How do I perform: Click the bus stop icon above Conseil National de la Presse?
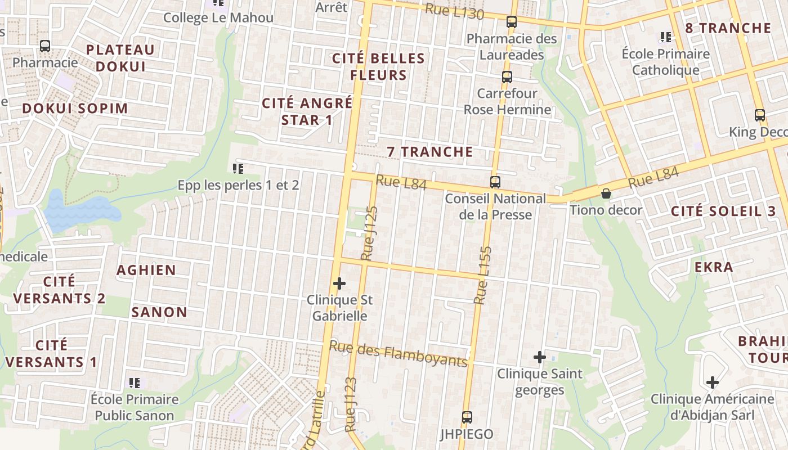pyautogui.click(x=495, y=182)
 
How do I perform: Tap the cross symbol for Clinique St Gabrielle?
pyautogui.click(x=339, y=283)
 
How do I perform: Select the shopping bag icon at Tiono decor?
pyautogui.click(x=606, y=193)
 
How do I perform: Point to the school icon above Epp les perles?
pyautogui.click(x=238, y=168)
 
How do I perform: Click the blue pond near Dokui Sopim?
pyautogui.click(x=79, y=211)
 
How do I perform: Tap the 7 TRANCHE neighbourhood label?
pyautogui.click(x=430, y=152)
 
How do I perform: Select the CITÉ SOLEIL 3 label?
pyautogui.click(x=723, y=211)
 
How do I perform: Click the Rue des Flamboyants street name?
pyautogui.click(x=399, y=354)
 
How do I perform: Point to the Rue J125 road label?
pyautogui.click(x=369, y=233)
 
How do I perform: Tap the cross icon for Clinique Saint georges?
pyautogui.click(x=540, y=357)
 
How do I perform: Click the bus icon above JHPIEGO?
pyautogui.click(x=467, y=417)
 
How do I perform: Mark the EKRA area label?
pyautogui.click(x=714, y=267)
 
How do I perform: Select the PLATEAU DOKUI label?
pyautogui.click(x=120, y=58)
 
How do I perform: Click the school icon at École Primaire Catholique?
pyautogui.click(x=666, y=37)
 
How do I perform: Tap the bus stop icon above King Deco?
pyautogui.click(x=760, y=115)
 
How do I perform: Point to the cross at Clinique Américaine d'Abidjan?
pyautogui.click(x=713, y=382)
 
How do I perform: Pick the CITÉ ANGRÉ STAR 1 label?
pyautogui.click(x=307, y=111)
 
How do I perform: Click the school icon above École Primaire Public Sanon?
pyautogui.click(x=135, y=383)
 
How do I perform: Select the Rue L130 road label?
pyautogui.click(x=455, y=11)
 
